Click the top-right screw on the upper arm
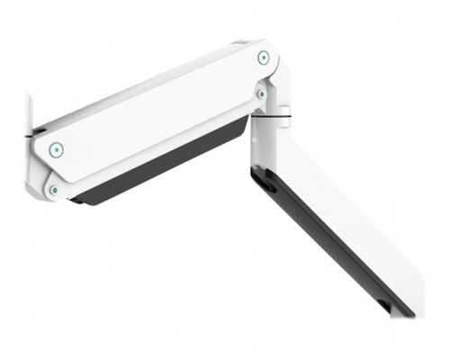(263, 58)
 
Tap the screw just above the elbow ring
(261, 93)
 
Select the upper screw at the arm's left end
(57, 149)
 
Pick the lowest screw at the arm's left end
(53, 190)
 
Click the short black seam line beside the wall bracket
(37, 135)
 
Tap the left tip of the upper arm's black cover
(76, 198)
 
